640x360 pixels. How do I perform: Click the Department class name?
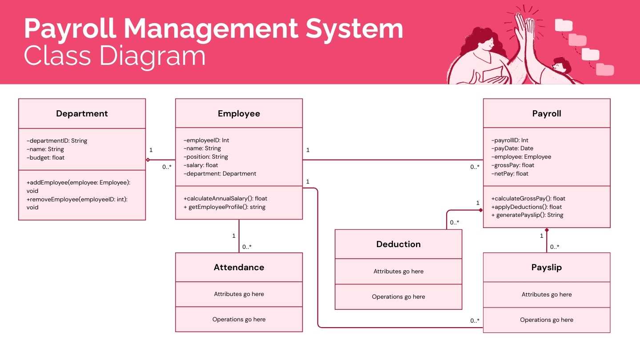(82, 114)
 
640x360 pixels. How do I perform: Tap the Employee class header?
(239, 114)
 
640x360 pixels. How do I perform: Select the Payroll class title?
(547, 114)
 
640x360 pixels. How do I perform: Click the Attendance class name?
(239, 268)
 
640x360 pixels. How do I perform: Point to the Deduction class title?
(398, 244)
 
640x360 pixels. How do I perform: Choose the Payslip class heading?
(547, 268)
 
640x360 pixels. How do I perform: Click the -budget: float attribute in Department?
(46, 158)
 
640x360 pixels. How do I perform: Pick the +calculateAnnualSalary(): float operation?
(225, 199)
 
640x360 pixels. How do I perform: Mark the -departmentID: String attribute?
(57, 141)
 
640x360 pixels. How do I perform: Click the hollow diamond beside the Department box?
(148, 160)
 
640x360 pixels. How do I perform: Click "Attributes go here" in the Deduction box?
(398, 272)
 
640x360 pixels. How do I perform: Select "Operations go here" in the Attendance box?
(239, 320)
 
